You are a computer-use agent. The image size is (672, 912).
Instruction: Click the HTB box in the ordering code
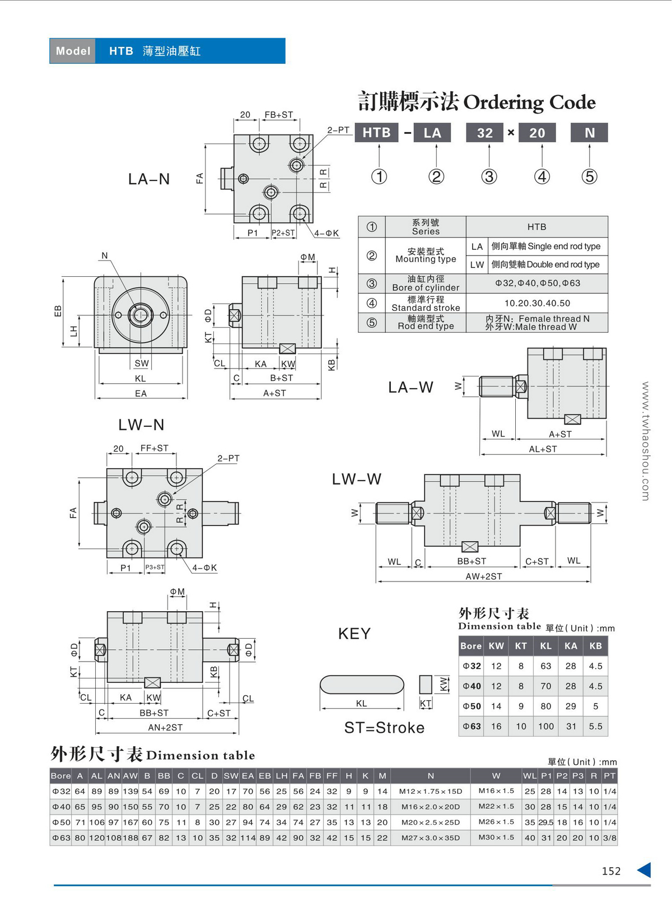(376, 133)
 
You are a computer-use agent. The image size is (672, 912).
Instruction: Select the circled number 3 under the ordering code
(489, 176)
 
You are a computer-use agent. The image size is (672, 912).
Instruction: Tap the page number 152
(612, 871)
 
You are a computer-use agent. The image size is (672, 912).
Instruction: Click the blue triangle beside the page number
(645, 870)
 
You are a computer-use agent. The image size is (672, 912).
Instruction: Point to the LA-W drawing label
(410, 387)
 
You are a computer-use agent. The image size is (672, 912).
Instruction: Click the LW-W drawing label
(357, 479)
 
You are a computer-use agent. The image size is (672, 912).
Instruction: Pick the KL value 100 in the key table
(546, 726)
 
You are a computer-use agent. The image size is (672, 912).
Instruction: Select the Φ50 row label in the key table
(472, 706)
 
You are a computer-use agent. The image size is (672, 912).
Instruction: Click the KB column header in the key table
(595, 646)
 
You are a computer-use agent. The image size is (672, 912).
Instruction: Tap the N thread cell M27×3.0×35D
(431, 838)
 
